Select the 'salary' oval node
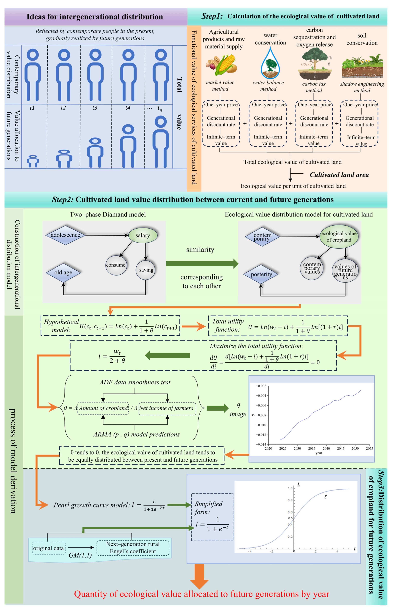(x=143, y=235)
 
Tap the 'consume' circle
(x=116, y=265)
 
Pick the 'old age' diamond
(x=63, y=272)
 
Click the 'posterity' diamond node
(x=261, y=274)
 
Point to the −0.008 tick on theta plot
(x=261, y=415)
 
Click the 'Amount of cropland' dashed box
(x=103, y=408)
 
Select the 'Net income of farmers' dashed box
(x=167, y=408)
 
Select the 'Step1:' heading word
(x=212, y=16)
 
